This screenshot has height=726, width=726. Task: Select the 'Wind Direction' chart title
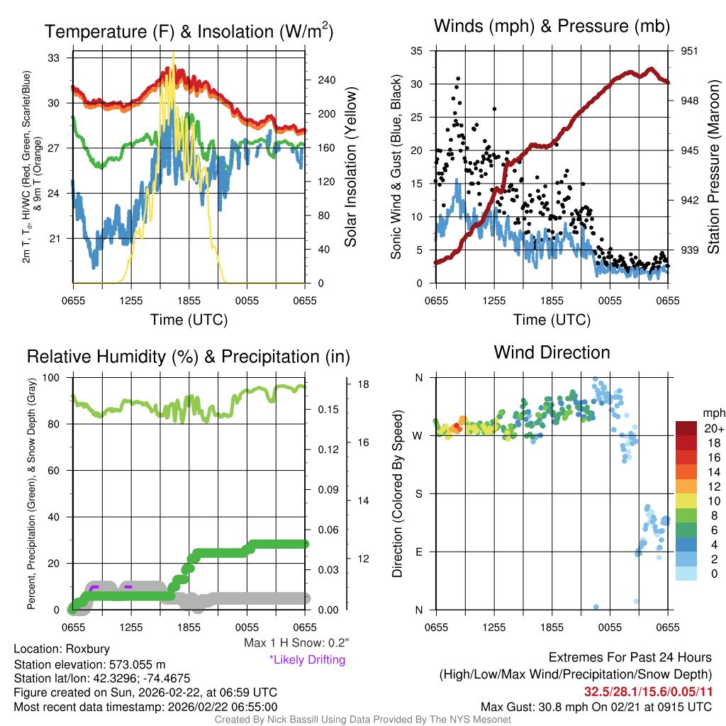(552, 352)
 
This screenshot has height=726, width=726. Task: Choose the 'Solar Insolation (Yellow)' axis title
(351, 167)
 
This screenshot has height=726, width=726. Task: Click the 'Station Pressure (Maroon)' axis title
(714, 167)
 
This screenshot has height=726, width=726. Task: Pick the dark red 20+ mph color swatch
(686, 428)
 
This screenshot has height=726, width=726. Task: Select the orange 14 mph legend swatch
(686, 471)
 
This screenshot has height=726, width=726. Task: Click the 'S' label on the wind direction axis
(419, 493)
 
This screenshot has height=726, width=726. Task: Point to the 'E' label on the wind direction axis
(419, 552)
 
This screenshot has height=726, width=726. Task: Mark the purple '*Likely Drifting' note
(307, 659)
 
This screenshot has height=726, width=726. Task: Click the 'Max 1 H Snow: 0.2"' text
(296, 643)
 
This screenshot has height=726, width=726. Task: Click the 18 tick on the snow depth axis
(363, 385)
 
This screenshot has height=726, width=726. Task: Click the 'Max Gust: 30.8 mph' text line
(596, 706)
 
